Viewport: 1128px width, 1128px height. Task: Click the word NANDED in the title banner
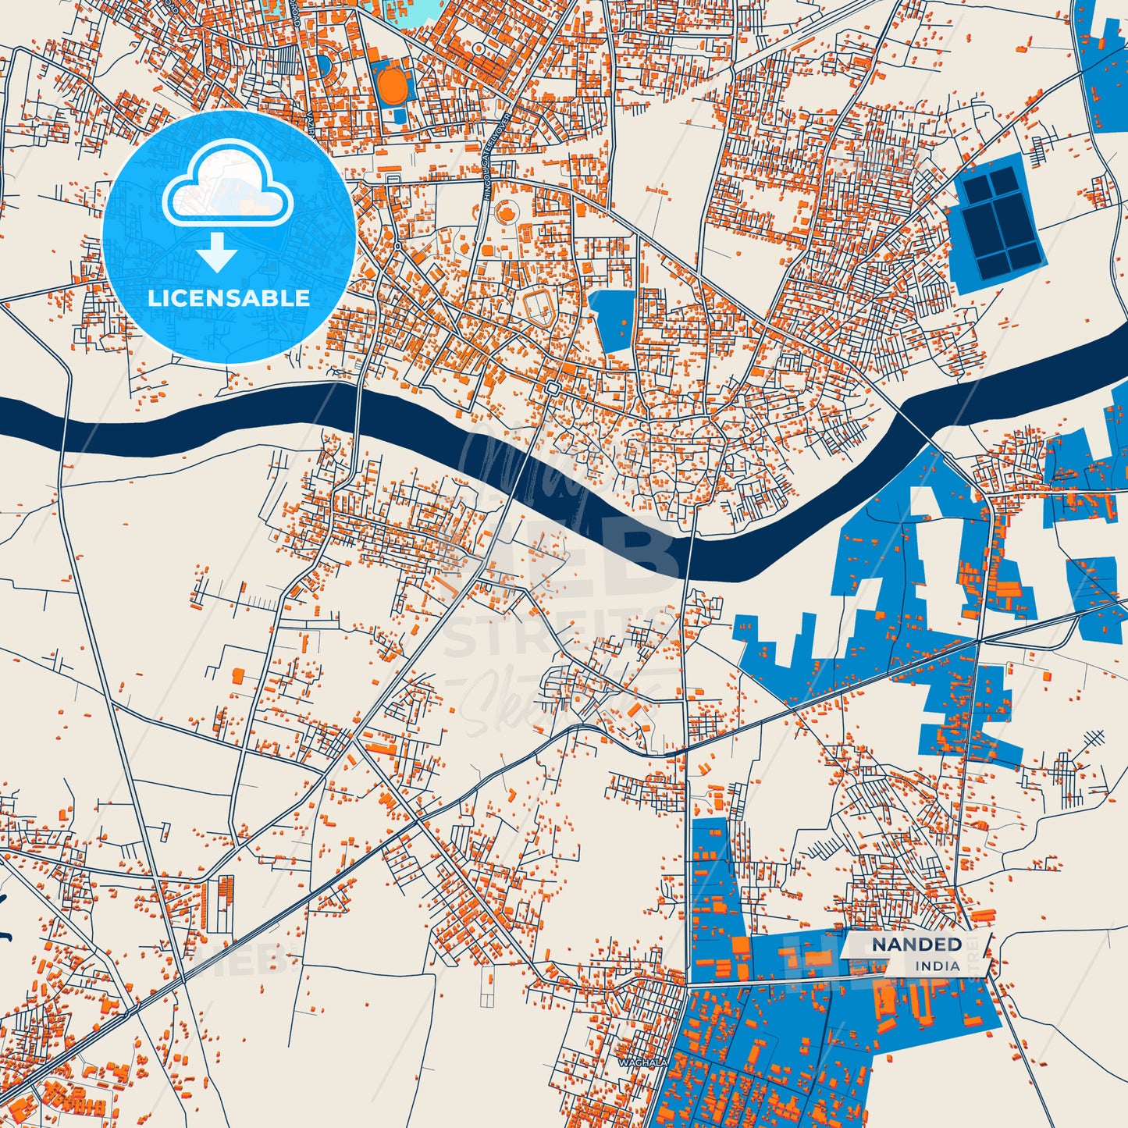[916, 945]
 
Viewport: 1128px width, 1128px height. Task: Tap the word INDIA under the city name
[938, 966]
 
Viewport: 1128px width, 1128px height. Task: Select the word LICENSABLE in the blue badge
[229, 298]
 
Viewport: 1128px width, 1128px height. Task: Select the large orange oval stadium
[391, 84]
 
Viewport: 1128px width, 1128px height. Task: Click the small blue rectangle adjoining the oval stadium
[400, 116]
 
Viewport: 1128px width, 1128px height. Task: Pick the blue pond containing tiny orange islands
[613, 320]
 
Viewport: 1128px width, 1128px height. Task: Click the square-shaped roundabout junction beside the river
[553, 389]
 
